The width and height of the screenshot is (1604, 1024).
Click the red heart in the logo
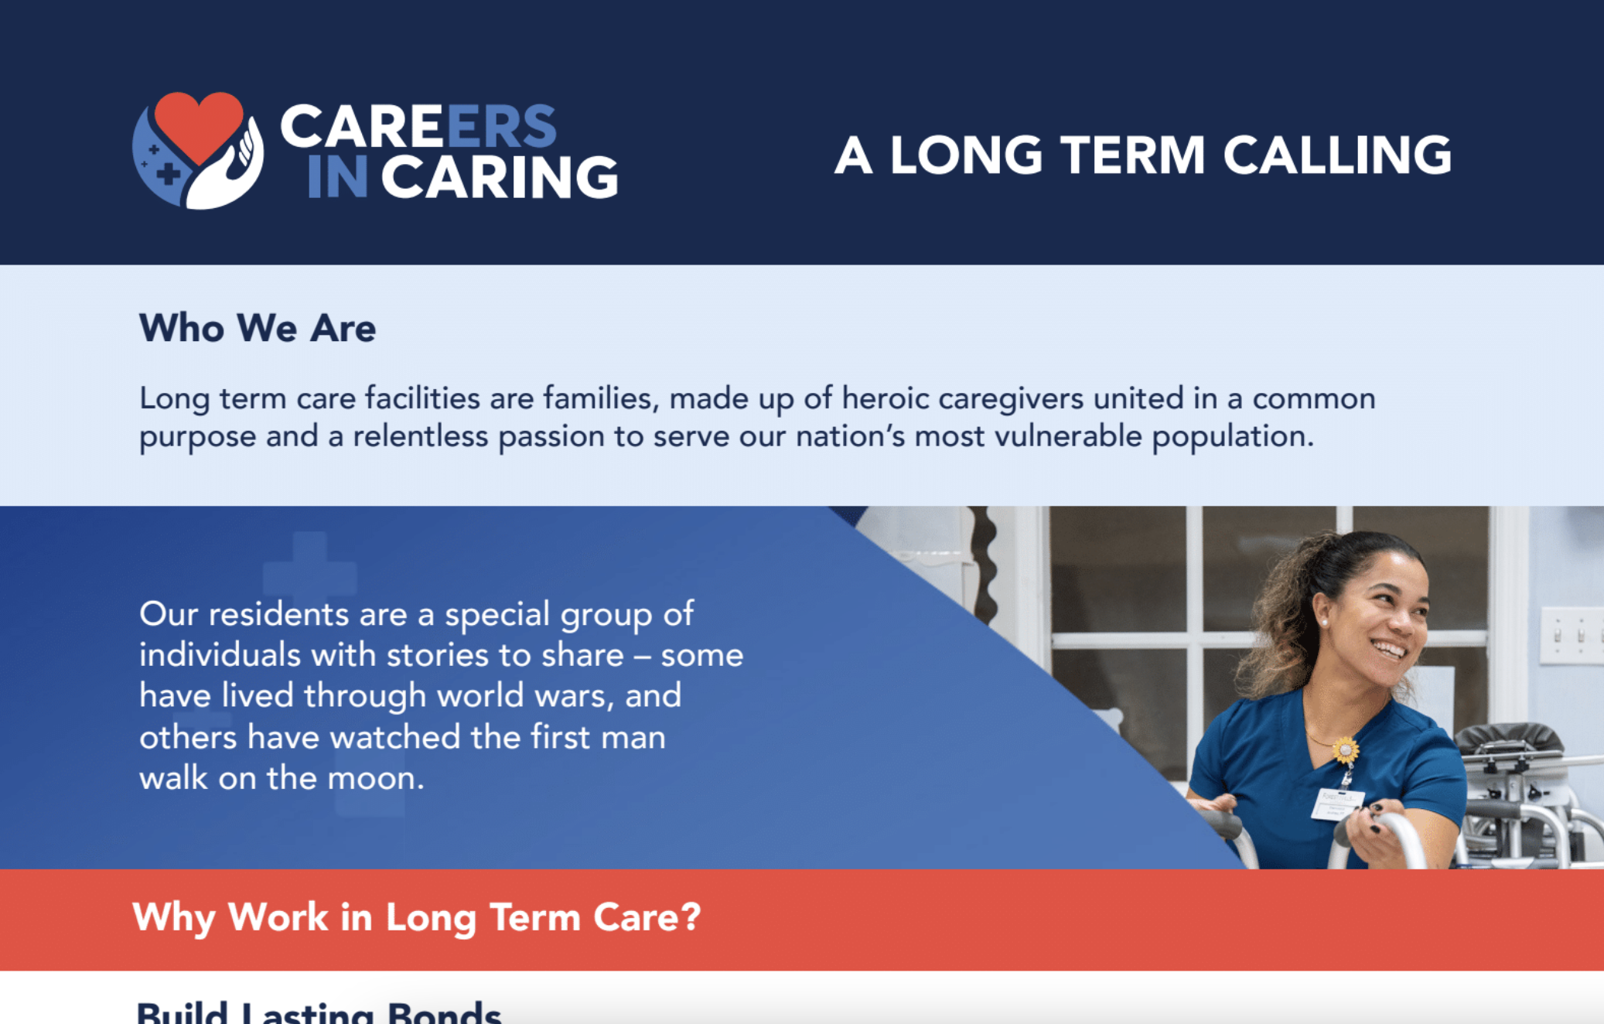tap(198, 124)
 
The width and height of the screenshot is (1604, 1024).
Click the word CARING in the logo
tap(500, 177)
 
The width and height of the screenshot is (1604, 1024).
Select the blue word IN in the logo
tap(337, 177)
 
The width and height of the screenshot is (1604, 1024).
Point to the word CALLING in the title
tap(1337, 155)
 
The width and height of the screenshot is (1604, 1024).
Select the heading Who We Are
tap(258, 328)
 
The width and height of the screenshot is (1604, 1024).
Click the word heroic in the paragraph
tap(886, 399)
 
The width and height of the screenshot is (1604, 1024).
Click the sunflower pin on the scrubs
tap(1345, 749)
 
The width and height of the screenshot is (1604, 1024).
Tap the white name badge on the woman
tap(1336, 804)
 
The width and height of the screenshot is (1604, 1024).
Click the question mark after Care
tap(691, 918)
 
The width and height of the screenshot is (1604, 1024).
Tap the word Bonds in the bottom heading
tap(444, 1013)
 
